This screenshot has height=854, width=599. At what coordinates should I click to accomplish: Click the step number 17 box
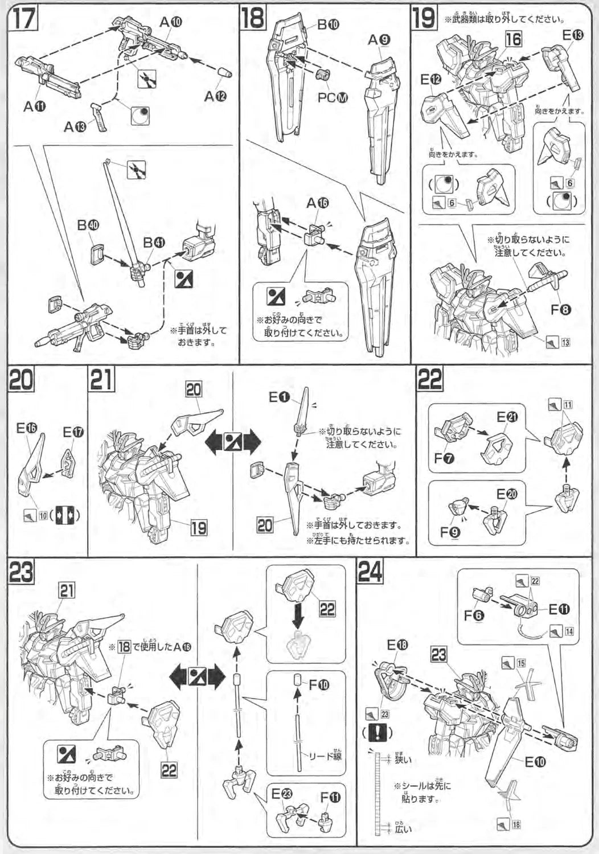23,18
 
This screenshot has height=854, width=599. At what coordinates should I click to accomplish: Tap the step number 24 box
371,572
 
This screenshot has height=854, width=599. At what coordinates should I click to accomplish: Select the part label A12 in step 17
216,96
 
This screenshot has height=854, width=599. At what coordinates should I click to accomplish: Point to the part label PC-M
333,97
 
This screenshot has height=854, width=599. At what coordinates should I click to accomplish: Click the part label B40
88,225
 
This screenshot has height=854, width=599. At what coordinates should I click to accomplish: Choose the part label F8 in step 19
561,310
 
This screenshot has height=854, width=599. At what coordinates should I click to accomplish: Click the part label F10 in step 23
319,684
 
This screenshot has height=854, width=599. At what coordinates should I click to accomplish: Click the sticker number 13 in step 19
565,342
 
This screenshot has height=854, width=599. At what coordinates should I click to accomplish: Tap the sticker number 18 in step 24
516,823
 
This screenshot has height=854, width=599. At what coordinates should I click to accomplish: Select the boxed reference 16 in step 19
513,39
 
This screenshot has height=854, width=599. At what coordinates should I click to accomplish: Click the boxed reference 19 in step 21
198,527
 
